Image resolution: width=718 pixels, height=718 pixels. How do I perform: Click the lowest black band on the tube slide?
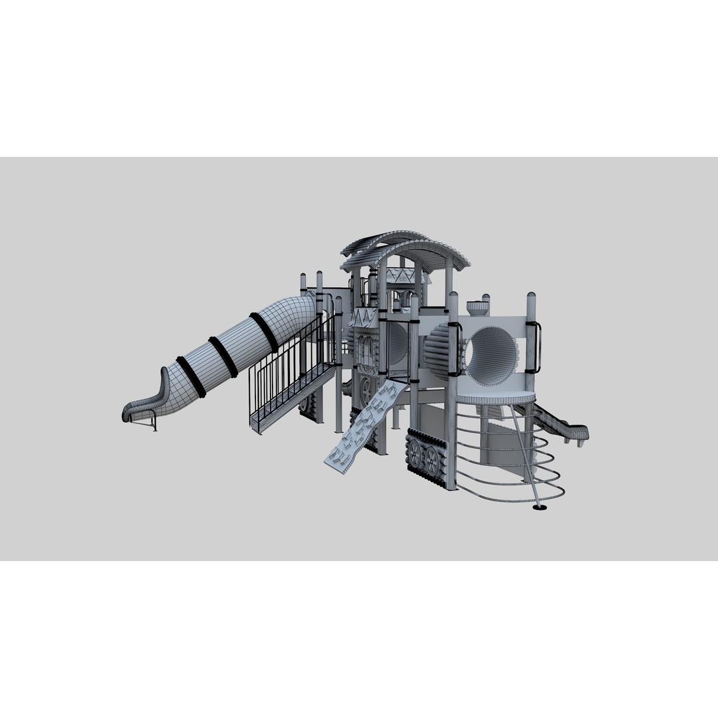tap(191, 377)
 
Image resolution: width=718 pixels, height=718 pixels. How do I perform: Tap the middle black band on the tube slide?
tap(223, 356)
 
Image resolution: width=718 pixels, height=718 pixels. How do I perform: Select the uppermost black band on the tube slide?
tap(264, 332)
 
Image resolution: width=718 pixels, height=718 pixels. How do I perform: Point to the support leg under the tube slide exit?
tap(154, 421)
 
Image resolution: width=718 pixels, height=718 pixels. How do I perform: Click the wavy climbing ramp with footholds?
tap(363, 429)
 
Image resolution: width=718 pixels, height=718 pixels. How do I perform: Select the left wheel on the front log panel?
tap(415, 456)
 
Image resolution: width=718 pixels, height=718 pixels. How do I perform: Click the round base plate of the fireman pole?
tap(540, 509)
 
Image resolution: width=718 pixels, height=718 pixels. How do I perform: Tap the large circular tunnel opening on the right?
tap(493, 356)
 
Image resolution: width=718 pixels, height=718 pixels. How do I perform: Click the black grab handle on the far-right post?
tap(537, 347)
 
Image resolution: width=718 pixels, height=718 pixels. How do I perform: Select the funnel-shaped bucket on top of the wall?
tap(477, 308)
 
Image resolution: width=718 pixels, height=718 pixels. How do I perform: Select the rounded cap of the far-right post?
tap(531, 297)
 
